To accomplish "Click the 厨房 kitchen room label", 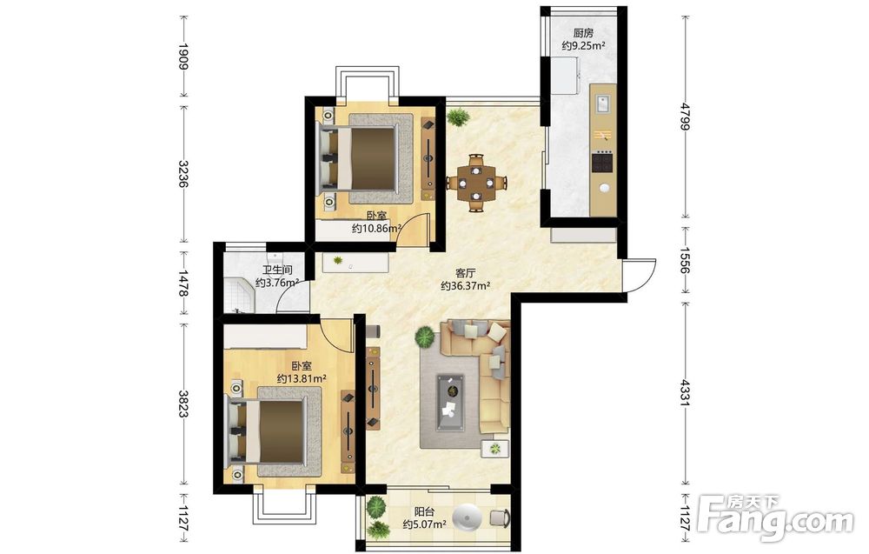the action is point(583,33).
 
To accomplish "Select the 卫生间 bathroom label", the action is point(277,270).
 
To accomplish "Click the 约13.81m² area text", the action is point(301,379).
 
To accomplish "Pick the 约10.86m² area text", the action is point(377,228).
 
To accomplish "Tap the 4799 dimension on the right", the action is point(686,117).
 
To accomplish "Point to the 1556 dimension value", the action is point(686,260).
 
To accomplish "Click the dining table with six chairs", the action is point(476,183).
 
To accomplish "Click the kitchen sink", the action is point(603,103).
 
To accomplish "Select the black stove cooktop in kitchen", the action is point(603,162).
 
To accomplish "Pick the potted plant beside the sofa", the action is point(425,337).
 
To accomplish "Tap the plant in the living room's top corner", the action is point(458,117).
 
